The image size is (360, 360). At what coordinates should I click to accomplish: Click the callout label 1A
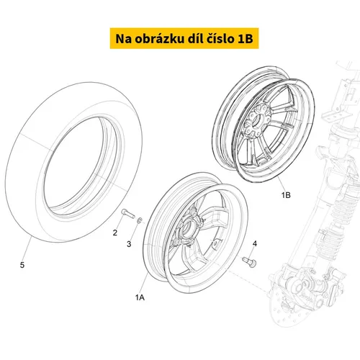(x=140, y=297)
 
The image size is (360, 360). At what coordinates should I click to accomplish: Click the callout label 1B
(x=286, y=195)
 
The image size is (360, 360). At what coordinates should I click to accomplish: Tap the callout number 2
(x=115, y=233)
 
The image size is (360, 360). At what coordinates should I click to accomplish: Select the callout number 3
(x=129, y=244)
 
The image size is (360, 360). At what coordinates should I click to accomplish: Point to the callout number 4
(x=255, y=243)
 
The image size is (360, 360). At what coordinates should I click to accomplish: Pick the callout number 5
(x=22, y=265)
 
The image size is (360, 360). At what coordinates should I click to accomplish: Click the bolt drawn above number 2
(x=127, y=213)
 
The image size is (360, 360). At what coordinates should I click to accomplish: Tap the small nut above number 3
(x=139, y=220)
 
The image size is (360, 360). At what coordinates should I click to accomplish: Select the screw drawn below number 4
(x=250, y=262)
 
